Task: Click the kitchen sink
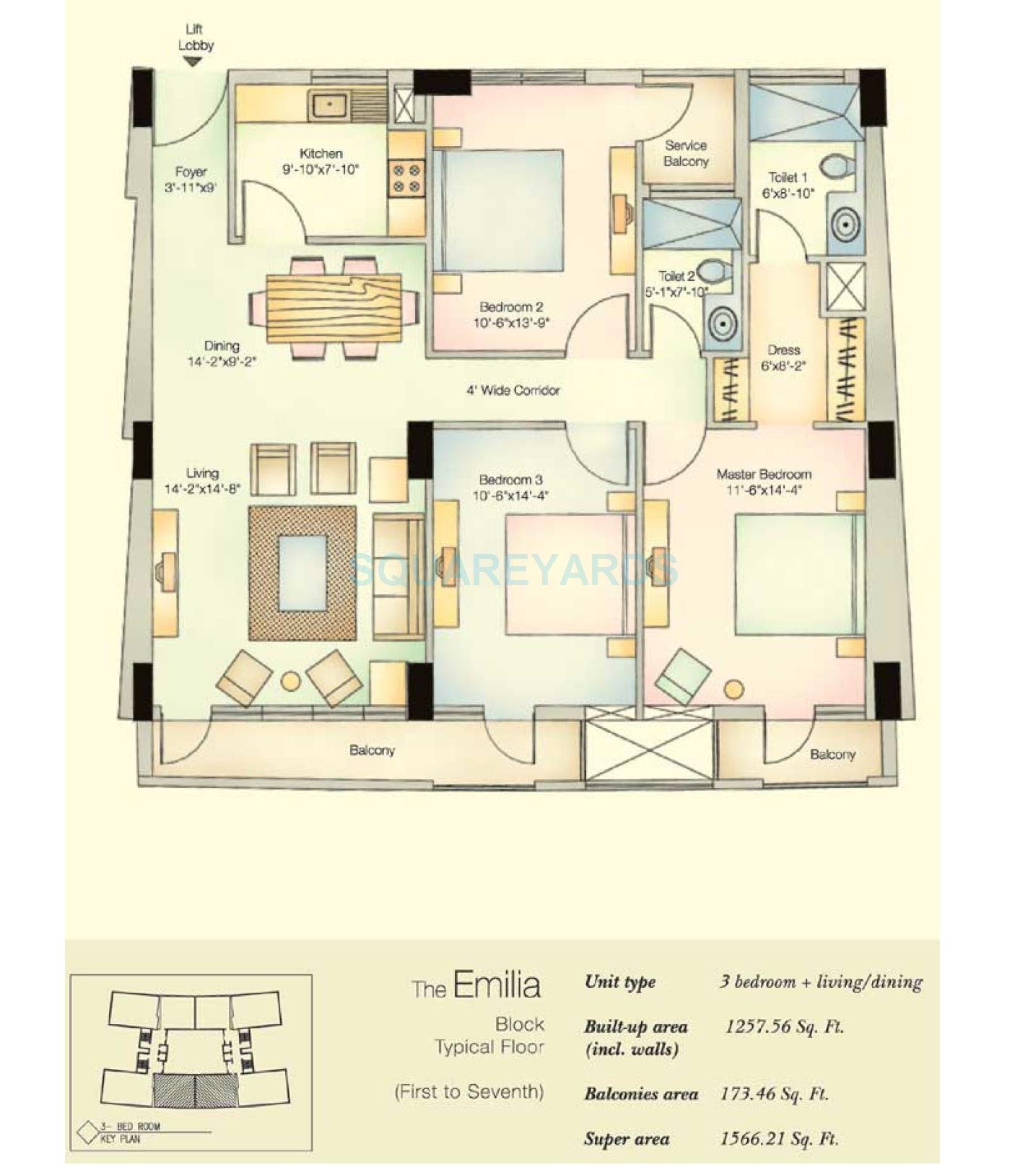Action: coord(328,105)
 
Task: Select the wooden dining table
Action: coord(334,308)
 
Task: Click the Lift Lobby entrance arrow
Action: coord(192,63)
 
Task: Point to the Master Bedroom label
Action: coord(764,474)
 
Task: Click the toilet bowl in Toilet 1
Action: coord(837,166)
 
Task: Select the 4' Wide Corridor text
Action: coord(513,391)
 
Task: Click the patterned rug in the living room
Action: coord(302,573)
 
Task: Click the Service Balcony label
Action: coord(686,153)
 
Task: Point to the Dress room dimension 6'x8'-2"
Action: coord(783,366)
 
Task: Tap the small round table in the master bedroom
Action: coord(734,689)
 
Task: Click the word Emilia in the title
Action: coord(497,986)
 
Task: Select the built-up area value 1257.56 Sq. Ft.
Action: coord(784,1026)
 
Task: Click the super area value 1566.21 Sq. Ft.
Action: coord(779,1139)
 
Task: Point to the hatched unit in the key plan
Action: coord(195,1091)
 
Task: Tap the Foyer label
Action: coord(191,172)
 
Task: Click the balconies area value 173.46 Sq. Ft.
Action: coord(774,1093)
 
